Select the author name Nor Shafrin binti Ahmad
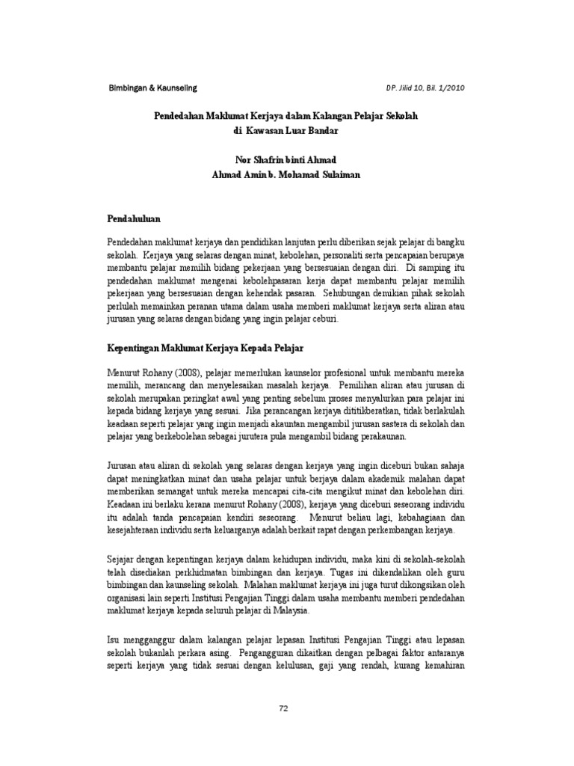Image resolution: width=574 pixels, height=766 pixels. click(x=286, y=159)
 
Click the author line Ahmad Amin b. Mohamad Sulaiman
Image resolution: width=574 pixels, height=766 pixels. click(x=286, y=174)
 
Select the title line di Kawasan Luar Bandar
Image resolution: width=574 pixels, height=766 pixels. click(x=286, y=130)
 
